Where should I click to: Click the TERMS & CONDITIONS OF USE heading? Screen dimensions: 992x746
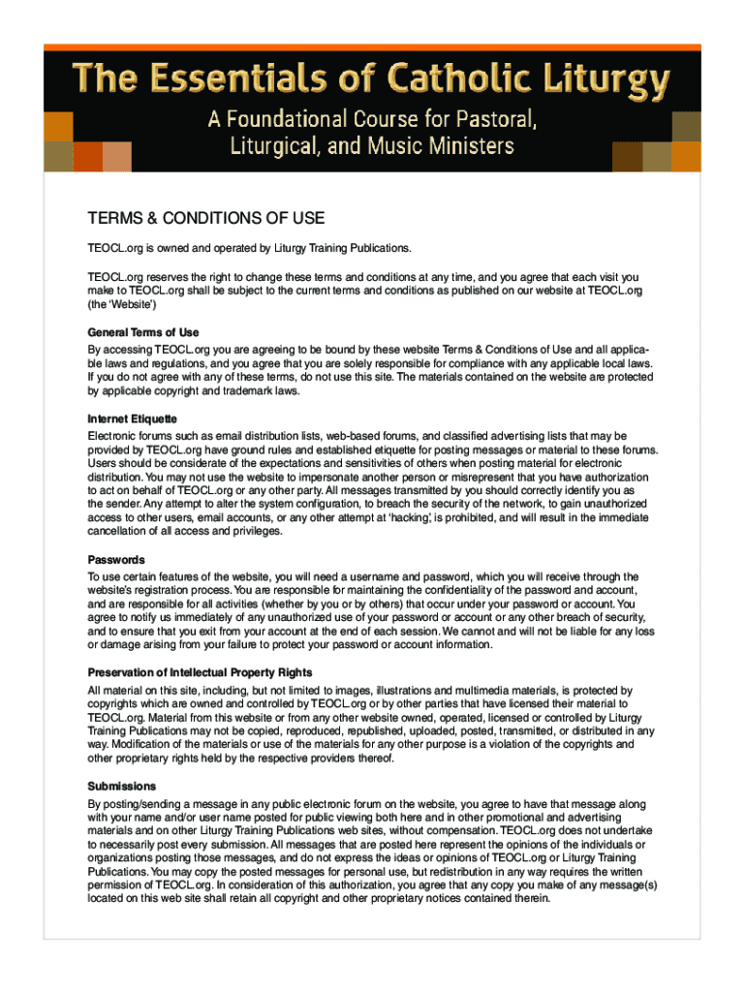pyautogui.click(x=206, y=218)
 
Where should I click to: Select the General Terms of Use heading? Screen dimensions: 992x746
pyautogui.click(x=143, y=332)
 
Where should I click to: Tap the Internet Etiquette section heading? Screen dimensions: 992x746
pyautogui.click(x=133, y=419)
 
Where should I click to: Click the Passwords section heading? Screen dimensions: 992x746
pyautogui.click(x=116, y=560)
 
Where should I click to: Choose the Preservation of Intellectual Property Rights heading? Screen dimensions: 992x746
pyautogui.click(x=213, y=673)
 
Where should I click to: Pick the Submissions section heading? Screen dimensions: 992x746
pyautogui.click(x=122, y=787)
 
